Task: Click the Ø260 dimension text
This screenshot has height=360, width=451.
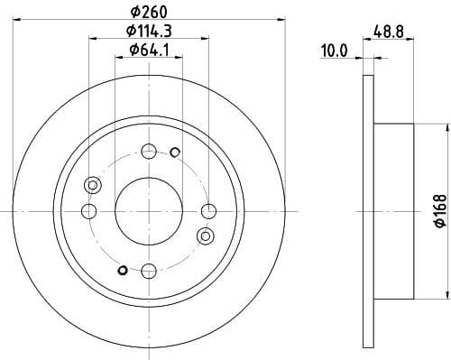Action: pos(149,12)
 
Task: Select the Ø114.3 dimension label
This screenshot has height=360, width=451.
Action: pos(149,32)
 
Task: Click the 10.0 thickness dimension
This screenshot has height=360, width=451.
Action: pos(335,51)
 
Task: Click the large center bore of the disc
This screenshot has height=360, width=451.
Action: pos(149,210)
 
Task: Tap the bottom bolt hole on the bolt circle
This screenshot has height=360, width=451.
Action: pos(149,269)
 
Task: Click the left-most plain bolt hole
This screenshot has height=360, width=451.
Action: pos(88,210)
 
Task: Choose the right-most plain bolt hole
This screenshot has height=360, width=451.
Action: pos(208,210)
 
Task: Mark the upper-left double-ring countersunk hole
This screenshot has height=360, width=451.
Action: pos(91,186)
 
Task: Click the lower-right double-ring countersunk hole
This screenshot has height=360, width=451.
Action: pos(205,235)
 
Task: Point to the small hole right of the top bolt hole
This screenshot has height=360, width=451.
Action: pos(174,151)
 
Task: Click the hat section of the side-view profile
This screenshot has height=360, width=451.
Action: pos(392,210)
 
